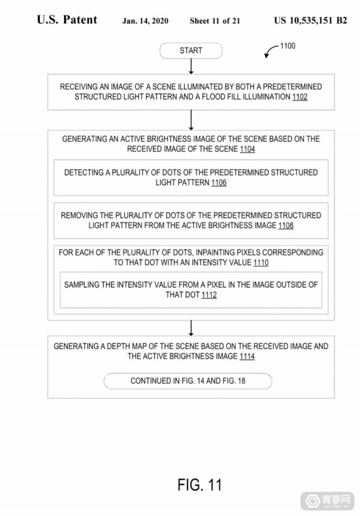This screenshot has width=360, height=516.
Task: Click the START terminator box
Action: [191, 51]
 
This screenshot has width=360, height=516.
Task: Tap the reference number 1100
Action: [287, 46]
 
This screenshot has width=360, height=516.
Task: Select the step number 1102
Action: [299, 97]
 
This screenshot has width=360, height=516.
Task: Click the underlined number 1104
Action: [248, 149]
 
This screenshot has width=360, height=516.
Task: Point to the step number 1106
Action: [219, 182]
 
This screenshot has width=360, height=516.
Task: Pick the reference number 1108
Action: [285, 225]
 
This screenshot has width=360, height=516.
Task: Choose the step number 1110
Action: [261, 263]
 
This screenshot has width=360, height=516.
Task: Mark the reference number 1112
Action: [209, 295]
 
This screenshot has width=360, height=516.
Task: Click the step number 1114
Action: [247, 356]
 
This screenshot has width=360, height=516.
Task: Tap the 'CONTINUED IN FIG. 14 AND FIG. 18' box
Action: [188, 381]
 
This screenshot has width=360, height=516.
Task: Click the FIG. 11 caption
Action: [200, 485]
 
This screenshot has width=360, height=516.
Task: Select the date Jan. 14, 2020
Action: [145, 21]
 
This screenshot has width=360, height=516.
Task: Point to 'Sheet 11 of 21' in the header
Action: [215, 21]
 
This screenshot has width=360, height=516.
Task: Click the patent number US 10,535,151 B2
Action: [311, 20]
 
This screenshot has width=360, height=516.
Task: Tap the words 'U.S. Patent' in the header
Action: [67, 20]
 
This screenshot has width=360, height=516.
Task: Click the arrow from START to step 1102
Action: [191, 67]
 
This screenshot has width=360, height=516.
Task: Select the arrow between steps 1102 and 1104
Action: [191, 120]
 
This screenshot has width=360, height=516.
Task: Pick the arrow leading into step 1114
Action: [191, 328]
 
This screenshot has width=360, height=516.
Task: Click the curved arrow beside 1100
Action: [272, 50]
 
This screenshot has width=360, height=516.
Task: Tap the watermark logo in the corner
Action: [327, 501]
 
